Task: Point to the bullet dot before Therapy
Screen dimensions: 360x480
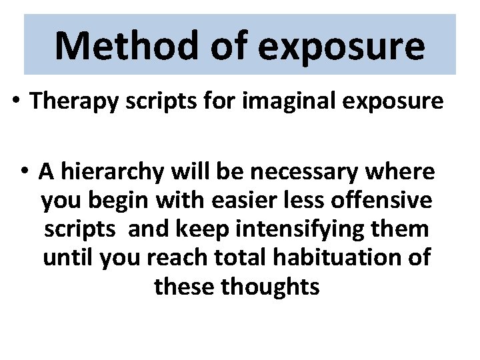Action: point(15,101)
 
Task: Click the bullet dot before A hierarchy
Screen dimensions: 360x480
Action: point(24,171)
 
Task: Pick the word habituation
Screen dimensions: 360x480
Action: point(342,257)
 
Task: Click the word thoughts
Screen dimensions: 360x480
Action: point(273,286)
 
